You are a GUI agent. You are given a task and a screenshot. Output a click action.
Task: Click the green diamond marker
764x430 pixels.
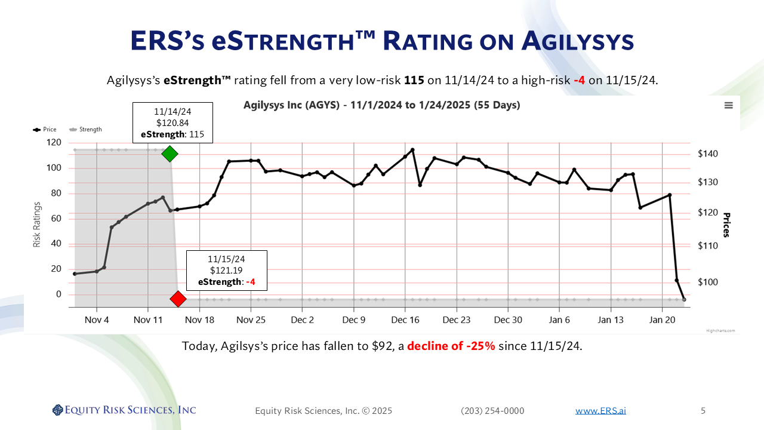(170, 153)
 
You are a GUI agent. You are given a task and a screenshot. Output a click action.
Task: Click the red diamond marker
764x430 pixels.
(178, 299)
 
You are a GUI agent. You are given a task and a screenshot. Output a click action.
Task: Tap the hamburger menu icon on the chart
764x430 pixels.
(728, 105)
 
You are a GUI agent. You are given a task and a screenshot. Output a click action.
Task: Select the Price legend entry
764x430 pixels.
(46, 129)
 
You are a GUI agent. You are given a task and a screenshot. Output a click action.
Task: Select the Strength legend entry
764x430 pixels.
(86, 129)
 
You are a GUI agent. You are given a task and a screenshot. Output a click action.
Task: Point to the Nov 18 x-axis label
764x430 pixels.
(199, 320)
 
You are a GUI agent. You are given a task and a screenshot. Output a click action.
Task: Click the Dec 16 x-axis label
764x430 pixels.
(405, 320)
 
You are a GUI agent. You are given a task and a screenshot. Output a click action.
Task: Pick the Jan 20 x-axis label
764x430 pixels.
(661, 320)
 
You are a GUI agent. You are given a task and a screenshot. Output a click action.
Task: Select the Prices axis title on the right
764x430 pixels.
(726, 225)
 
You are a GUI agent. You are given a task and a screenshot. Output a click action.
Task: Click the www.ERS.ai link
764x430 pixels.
(600, 410)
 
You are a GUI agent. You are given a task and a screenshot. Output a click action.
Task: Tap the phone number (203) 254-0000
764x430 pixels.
(492, 410)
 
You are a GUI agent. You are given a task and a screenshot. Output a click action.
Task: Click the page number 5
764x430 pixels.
(703, 410)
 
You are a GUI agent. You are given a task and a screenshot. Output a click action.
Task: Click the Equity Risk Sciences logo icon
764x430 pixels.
(58, 410)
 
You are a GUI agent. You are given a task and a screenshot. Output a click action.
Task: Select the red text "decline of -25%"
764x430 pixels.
(451, 346)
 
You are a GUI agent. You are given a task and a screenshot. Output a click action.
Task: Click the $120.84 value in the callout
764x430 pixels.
(172, 123)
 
